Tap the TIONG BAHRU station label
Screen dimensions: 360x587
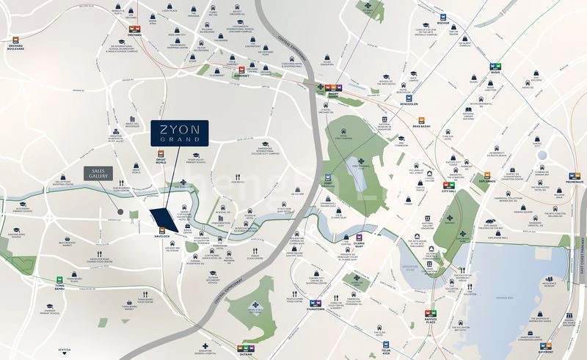pos(60,289)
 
